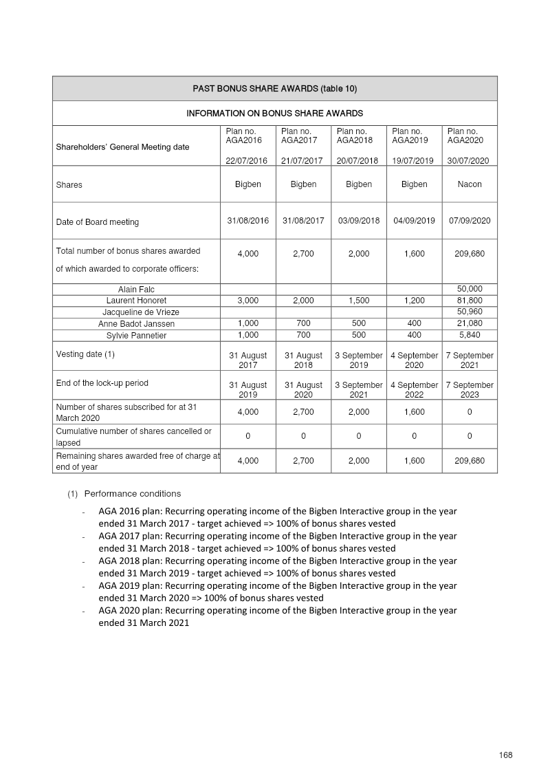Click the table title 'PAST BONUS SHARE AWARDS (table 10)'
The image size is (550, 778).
[274, 89]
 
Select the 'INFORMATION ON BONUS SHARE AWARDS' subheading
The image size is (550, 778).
[274, 113]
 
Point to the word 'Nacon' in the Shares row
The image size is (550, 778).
[470, 184]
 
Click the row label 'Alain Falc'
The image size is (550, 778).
[136, 290]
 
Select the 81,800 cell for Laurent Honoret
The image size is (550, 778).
[470, 301]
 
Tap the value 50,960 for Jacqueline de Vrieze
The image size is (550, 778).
[470, 312]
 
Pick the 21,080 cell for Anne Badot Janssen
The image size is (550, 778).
[470, 323]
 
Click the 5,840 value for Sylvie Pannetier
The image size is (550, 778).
[470, 335]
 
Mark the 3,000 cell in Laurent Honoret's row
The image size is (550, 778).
[247, 301]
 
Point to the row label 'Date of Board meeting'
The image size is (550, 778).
[97, 222]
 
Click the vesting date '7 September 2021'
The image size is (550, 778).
[470, 360]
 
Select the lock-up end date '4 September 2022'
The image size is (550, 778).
[414, 390]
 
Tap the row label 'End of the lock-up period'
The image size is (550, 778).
[102, 383]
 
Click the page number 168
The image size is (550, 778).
[506, 755]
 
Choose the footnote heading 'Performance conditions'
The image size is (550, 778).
[133, 494]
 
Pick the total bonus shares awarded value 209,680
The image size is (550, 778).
[470, 254]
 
